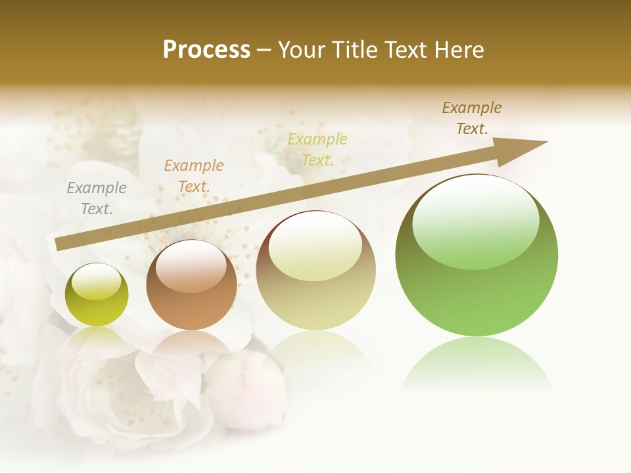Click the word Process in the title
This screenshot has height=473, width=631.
[x=206, y=50]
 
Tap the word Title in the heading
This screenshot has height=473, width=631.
[x=355, y=50]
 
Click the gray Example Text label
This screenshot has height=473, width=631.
[x=97, y=198]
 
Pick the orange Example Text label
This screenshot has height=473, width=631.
[x=194, y=176]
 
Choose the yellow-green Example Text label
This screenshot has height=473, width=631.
[x=317, y=150]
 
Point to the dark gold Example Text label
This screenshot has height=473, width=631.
[x=472, y=118]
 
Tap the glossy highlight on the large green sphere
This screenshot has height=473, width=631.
[x=476, y=220]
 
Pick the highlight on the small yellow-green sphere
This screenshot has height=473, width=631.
[x=97, y=281]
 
